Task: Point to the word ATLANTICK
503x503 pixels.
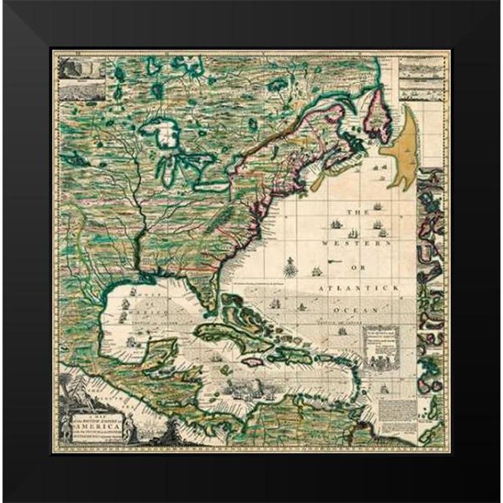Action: tap(359, 288)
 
